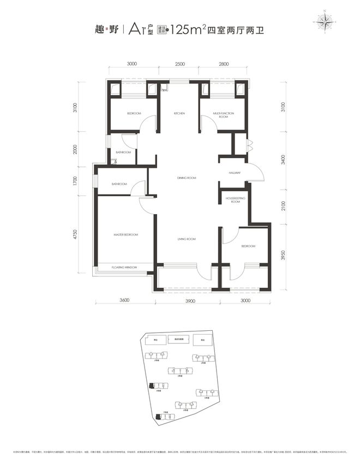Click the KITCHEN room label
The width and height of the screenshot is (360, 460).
179,113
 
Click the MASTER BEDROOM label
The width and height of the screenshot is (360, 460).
125,235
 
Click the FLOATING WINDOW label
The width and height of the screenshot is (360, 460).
124,268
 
